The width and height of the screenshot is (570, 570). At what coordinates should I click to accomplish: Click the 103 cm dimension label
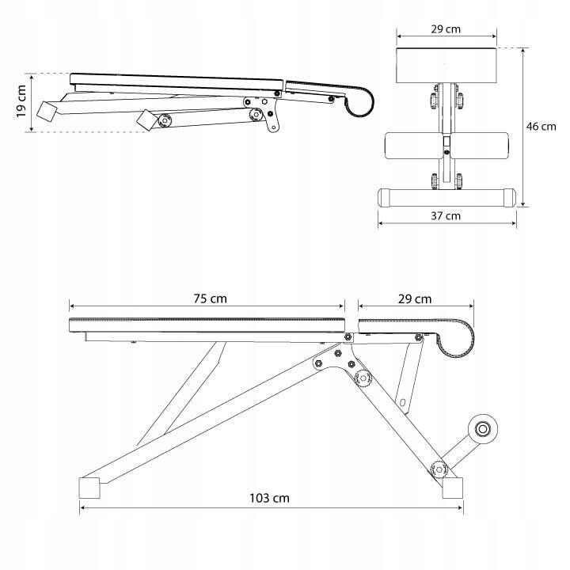(269, 498)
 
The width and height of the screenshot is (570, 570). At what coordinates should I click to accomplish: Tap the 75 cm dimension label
(210, 298)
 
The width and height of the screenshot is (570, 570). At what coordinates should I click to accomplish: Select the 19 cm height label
(21, 101)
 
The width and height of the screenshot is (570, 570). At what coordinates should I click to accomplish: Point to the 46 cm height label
(541, 127)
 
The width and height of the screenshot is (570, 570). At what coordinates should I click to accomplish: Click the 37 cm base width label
(446, 216)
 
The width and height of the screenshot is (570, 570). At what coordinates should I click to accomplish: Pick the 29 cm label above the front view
(446, 29)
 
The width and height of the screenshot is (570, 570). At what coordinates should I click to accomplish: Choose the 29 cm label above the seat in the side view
(415, 299)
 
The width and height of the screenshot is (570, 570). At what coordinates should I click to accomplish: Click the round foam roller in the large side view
(483, 429)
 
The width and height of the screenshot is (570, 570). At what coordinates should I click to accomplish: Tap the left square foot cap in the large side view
(89, 488)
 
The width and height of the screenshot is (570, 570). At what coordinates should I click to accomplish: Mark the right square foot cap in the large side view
(453, 488)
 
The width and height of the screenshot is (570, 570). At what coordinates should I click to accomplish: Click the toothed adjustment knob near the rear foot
(439, 469)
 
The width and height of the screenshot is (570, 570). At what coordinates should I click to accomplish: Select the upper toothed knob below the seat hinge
(363, 378)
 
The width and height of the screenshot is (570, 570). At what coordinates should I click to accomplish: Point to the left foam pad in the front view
(414, 146)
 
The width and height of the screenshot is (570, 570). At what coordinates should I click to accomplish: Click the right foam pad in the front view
(479, 146)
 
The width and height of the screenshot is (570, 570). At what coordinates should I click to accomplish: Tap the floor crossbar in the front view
(446, 198)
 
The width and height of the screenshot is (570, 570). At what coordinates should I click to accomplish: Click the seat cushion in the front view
(446, 66)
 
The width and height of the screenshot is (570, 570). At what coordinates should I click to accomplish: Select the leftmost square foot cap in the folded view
(47, 112)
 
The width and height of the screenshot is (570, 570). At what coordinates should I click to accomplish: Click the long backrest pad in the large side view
(207, 325)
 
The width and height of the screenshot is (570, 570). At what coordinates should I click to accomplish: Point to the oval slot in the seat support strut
(402, 402)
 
